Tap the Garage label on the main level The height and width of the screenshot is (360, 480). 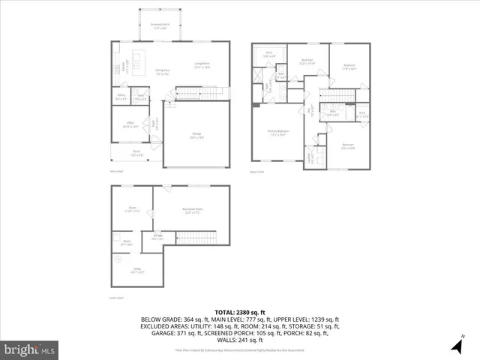coord(196,135)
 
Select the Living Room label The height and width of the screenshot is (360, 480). coord(202,65)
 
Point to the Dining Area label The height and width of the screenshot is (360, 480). coord(163,73)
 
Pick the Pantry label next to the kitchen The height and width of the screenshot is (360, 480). coord(121,97)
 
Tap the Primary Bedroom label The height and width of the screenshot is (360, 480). coord(277,133)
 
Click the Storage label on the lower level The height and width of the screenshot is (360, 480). coord(159,237)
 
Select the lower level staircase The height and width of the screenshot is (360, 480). coord(196,238)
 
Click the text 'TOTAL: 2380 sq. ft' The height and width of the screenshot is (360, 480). coord(239,312)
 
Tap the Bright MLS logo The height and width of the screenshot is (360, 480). coord(30,349)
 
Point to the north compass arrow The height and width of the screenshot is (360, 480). coord(457,346)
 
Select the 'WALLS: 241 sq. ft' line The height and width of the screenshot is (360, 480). coord(239,340)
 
